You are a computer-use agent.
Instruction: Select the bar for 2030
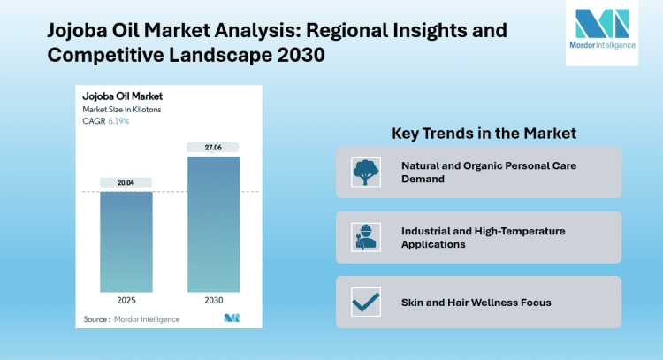click(212, 226)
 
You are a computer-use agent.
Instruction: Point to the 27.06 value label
click(212, 146)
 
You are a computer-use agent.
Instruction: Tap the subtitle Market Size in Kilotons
click(122, 109)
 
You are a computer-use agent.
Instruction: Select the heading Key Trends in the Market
click(484, 134)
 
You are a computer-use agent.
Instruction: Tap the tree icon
click(364, 172)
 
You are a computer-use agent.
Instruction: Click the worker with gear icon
click(364, 237)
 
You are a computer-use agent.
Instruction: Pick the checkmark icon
click(364, 303)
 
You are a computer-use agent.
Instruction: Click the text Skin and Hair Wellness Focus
click(476, 303)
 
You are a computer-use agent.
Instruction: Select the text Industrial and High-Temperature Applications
click(483, 237)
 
